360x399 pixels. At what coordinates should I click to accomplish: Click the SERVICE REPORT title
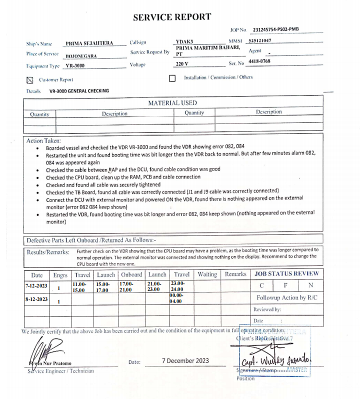tap(172, 17)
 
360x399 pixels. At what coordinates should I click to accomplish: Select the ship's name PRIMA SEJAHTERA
tap(89, 43)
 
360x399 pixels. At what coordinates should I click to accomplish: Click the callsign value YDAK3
tap(186, 41)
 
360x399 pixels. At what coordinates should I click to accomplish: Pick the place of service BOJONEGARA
tap(81, 56)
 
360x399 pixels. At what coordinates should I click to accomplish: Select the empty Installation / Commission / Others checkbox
tap(172, 78)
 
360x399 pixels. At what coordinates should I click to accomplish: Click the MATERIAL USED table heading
tap(172, 103)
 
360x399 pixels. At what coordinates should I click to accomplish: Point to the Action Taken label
tap(43, 141)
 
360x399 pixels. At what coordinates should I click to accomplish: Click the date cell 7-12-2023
tap(36, 285)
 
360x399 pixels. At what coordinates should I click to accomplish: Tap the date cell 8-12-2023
tap(36, 299)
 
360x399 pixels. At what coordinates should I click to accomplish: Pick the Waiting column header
tap(207, 274)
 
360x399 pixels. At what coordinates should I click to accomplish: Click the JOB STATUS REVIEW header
tap(286, 274)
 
